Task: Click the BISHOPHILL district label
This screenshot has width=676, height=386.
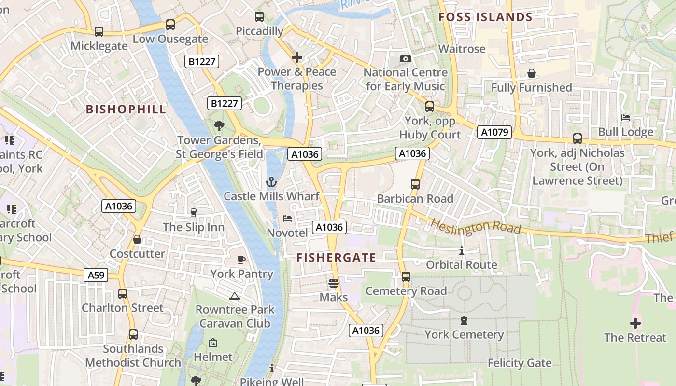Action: (x=126, y=109)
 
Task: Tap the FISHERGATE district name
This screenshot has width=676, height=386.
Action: (x=336, y=258)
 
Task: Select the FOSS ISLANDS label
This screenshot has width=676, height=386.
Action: (x=485, y=17)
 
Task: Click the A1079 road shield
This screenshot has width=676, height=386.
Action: (x=494, y=132)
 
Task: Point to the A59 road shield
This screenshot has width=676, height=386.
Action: (x=96, y=275)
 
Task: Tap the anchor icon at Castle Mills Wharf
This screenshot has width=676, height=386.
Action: (x=271, y=182)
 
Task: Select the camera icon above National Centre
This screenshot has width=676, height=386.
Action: (x=406, y=59)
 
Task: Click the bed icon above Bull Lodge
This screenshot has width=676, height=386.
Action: (x=626, y=118)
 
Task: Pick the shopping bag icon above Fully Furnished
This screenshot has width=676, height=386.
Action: (x=531, y=74)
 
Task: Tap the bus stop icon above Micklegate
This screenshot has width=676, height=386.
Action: (x=99, y=32)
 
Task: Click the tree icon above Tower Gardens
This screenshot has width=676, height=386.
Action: (x=219, y=126)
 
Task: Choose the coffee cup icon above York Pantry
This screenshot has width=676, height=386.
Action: (x=241, y=260)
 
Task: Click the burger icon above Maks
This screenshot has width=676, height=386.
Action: (x=334, y=283)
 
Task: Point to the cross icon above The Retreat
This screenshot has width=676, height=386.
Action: (x=635, y=323)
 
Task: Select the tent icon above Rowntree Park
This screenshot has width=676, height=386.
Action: (x=235, y=296)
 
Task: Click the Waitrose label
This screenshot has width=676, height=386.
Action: (x=462, y=49)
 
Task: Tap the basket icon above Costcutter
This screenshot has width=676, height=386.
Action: (x=137, y=239)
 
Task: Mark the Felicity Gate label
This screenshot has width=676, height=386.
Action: (x=520, y=363)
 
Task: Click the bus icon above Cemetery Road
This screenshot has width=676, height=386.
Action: (x=406, y=277)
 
